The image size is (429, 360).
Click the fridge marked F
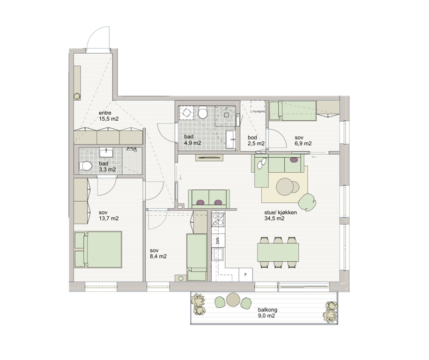246,275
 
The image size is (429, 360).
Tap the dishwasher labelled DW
218,241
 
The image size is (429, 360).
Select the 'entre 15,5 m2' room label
109,116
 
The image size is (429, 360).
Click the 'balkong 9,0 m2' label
268,313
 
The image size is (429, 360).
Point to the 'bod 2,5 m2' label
256,141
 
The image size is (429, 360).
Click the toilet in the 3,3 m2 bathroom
86,166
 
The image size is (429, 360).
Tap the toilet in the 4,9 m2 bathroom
203,112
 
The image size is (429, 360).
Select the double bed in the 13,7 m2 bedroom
98,249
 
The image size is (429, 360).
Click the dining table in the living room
278,252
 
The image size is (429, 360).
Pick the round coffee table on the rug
285,187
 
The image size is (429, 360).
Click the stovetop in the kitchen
218,219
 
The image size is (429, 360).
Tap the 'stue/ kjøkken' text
280,212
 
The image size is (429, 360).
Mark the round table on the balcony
233,299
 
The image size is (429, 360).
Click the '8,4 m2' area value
158,256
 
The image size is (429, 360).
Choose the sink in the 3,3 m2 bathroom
106,152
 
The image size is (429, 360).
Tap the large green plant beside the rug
307,202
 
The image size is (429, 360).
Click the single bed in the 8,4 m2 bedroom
197,258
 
